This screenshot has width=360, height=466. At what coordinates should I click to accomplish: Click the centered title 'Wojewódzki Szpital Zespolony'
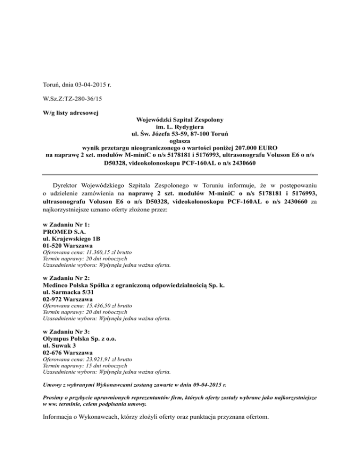coord(180,120)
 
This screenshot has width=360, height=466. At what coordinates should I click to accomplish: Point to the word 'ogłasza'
coord(180,139)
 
